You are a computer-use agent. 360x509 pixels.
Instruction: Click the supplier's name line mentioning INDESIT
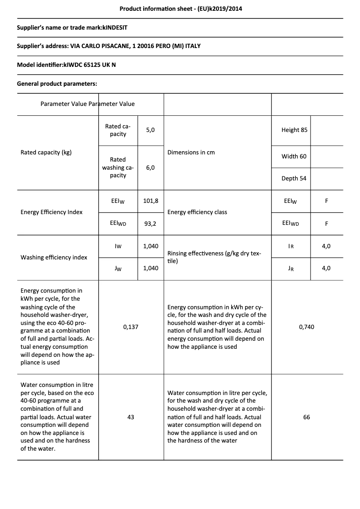[x=72, y=27]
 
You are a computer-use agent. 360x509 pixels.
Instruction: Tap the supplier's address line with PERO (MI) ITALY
[x=109, y=46]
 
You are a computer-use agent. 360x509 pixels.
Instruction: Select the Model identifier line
[x=66, y=65]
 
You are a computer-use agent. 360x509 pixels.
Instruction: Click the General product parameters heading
[x=57, y=83]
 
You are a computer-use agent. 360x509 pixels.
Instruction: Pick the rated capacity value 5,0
[x=150, y=130]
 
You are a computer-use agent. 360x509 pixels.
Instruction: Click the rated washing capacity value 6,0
[x=150, y=167]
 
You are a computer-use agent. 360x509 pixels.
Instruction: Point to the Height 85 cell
[x=294, y=130]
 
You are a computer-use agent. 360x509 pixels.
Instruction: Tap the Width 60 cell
[x=294, y=156]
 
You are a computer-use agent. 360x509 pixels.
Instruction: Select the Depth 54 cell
[x=294, y=178]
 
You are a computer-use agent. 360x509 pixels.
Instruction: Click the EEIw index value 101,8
[x=150, y=201]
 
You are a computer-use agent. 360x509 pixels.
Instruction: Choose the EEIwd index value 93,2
[x=150, y=223]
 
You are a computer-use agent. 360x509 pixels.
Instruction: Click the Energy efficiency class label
[x=197, y=212]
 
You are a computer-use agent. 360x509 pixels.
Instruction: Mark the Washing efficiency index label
[x=54, y=257]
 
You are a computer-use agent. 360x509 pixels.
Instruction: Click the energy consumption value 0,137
[x=131, y=327]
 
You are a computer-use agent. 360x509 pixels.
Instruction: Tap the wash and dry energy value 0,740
[x=307, y=327]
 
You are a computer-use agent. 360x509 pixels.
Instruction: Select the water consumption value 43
[x=131, y=417]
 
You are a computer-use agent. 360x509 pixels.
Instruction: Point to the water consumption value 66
[x=307, y=417]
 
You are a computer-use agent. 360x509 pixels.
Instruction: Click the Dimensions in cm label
[x=191, y=152]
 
